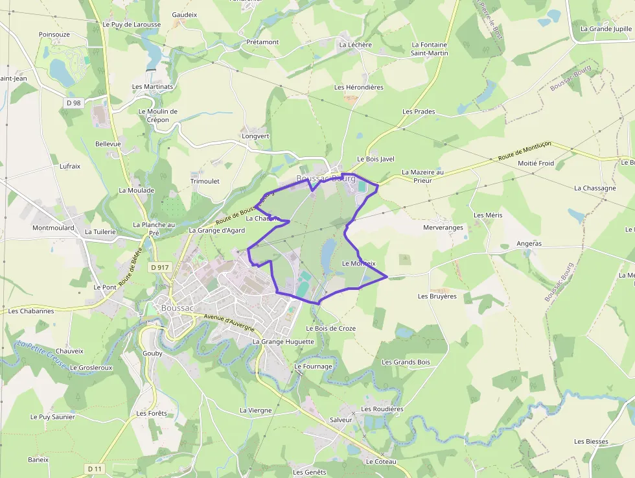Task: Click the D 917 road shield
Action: click(159, 267)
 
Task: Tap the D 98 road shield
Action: click(74, 103)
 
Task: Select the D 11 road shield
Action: click(95, 469)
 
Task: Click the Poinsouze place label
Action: click(54, 34)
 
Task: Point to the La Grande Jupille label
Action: click(606, 29)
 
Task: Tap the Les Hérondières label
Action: click(359, 87)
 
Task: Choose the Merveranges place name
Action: click(443, 228)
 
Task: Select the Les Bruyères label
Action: click(437, 296)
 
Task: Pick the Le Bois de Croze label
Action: click(330, 328)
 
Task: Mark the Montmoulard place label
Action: click(53, 228)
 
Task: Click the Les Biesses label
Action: click(591, 442)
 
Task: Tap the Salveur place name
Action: click(341, 420)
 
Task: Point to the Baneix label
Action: click(38, 459)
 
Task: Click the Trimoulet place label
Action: click(205, 181)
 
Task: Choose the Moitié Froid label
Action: click(536, 163)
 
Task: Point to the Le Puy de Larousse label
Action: click(132, 25)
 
